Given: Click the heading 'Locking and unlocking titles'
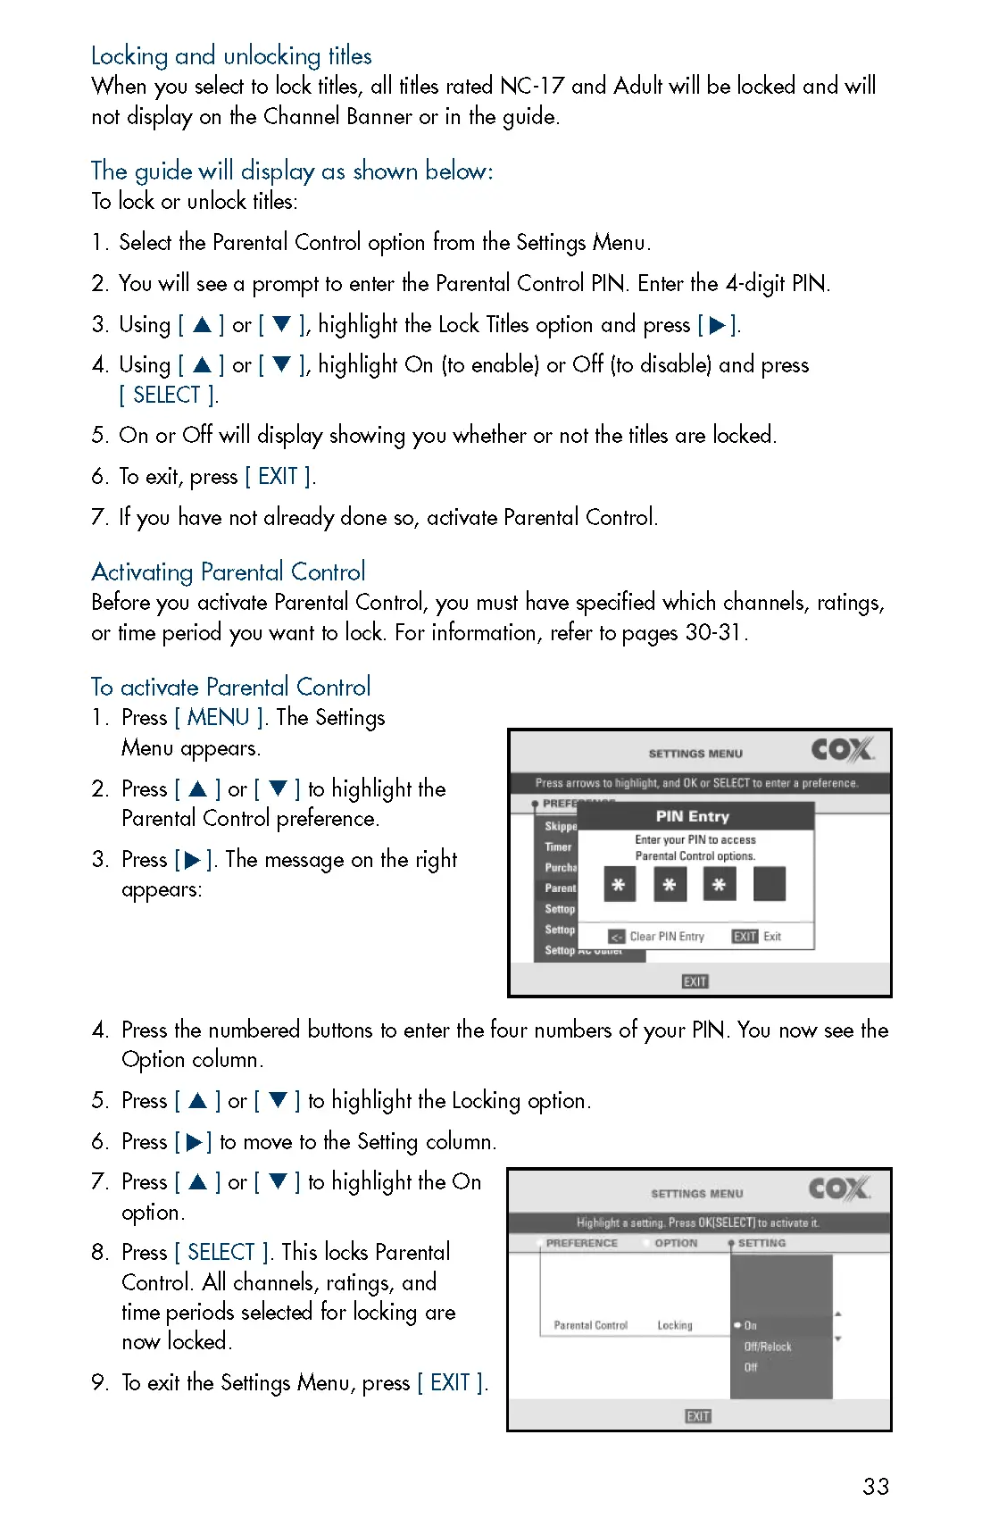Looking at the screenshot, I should (231, 56).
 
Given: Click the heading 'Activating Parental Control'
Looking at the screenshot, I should (229, 571).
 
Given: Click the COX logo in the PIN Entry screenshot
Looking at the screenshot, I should (841, 749).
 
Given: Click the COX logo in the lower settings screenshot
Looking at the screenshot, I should (838, 1189).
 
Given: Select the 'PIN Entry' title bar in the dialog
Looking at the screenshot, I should (693, 816).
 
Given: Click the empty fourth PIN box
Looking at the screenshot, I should (769, 884).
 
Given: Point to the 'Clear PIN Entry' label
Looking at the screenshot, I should (667, 937).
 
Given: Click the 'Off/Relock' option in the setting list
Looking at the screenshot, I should (768, 1347).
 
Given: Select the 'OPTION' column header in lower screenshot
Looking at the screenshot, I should (676, 1243).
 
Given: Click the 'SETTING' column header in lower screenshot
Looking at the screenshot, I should (761, 1243).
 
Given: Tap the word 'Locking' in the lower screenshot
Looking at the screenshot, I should (675, 1325).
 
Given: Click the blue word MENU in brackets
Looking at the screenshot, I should (218, 718).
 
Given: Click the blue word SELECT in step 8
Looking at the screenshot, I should (221, 1252).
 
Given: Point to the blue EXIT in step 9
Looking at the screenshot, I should (450, 1382).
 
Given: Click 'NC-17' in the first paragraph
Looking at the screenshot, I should (532, 87).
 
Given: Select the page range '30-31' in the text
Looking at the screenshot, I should (713, 632).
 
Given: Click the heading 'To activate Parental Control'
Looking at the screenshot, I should (230, 687).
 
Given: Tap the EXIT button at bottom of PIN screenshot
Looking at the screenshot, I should (695, 981).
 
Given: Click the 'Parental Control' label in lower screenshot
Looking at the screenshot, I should (590, 1325).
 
